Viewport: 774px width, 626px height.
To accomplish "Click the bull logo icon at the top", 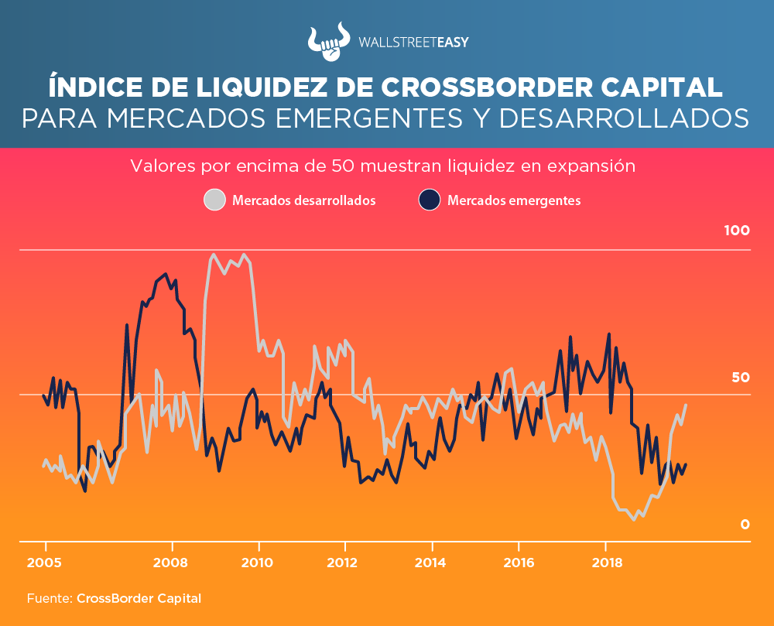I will (x=329, y=43).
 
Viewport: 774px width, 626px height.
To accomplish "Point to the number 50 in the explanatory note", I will (x=341, y=166).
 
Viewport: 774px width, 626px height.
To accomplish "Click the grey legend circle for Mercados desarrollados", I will (x=214, y=200).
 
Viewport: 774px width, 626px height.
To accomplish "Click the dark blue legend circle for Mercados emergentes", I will (x=430, y=200).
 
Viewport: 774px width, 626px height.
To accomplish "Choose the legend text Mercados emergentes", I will (x=514, y=200).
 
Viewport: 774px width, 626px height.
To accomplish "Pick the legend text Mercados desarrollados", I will (x=304, y=200).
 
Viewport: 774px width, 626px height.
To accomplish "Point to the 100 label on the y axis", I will (x=736, y=231).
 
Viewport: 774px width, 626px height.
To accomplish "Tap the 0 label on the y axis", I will (x=745, y=525).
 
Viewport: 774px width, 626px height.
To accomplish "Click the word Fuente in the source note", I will (x=48, y=598).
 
